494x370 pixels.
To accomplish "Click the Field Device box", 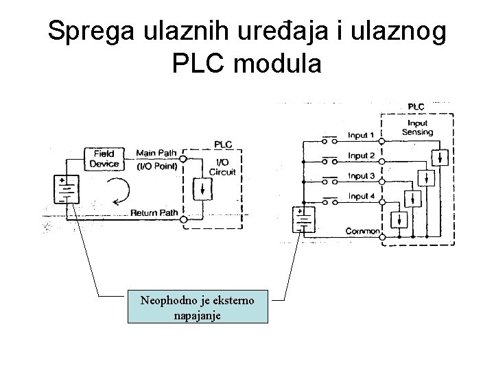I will [x=104, y=159].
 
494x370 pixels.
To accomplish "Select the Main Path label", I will [x=156, y=152].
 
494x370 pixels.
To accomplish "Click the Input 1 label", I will [x=361, y=135].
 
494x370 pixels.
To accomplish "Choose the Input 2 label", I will [x=361, y=156].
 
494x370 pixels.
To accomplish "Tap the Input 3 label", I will [x=361, y=176].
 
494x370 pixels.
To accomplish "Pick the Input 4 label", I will [x=361, y=197].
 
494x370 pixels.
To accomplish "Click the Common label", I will [x=362, y=232].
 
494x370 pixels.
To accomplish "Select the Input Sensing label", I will [x=418, y=127].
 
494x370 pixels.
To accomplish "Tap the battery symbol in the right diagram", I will [x=303, y=221].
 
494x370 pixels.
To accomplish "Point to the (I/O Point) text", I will [x=157, y=166].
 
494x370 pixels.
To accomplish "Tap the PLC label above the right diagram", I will [x=416, y=106].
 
